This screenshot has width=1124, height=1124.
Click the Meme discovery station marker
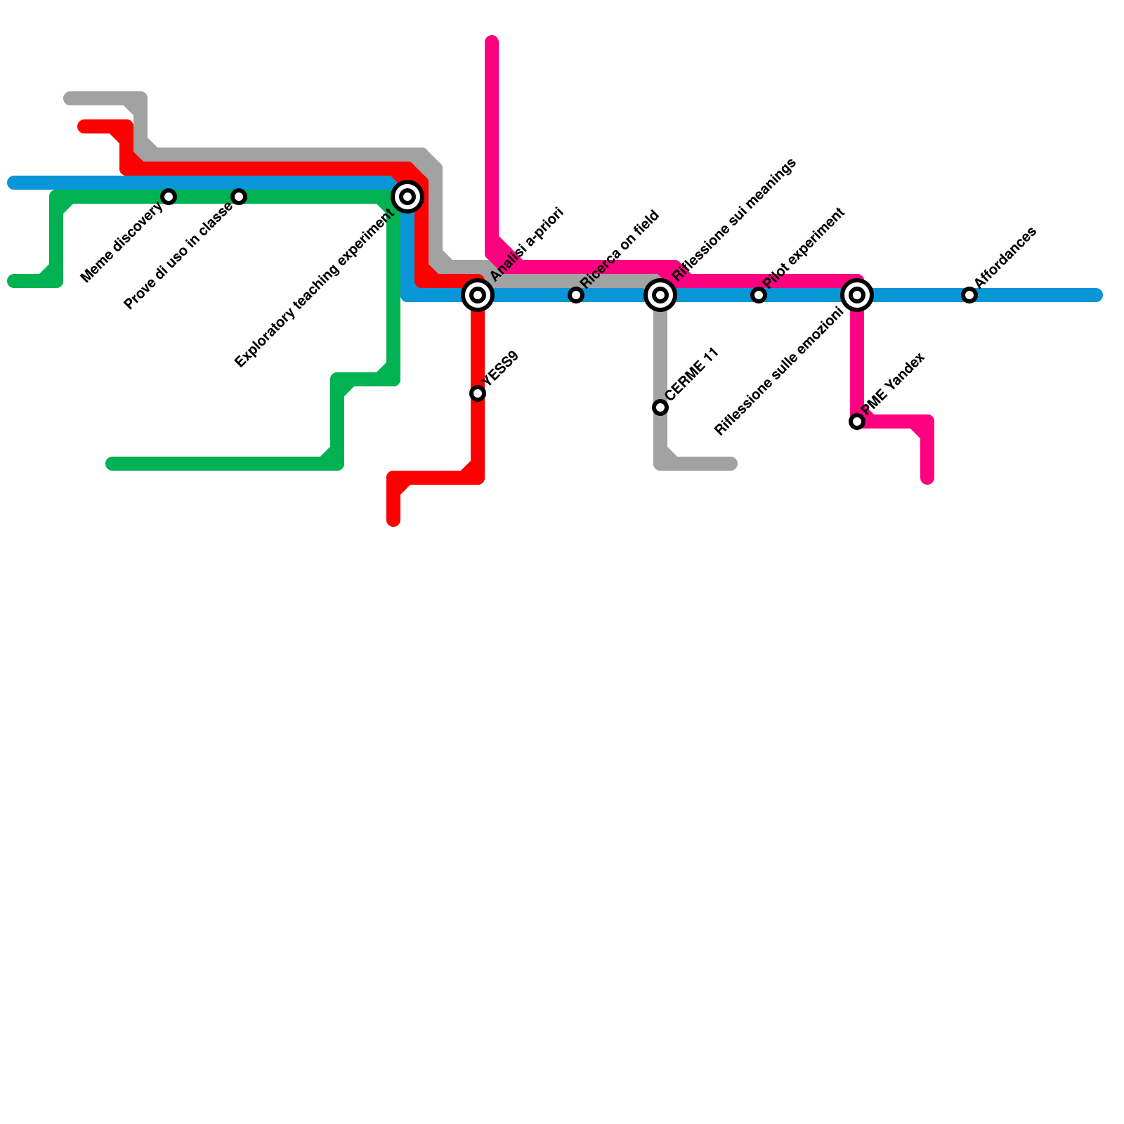[169, 197]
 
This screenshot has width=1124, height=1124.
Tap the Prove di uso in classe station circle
[239, 197]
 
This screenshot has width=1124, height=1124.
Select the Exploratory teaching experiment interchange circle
[407, 197]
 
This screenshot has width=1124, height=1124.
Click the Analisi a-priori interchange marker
[478, 295]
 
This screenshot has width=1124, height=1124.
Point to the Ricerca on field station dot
[576, 295]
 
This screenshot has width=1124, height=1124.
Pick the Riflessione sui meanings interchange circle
[660, 295]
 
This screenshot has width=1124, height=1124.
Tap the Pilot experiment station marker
[759, 295]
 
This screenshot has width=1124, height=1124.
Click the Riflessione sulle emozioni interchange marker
[857, 295]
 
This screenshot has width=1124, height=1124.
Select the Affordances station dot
[969, 295]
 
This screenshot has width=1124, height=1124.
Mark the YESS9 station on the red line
[478, 393]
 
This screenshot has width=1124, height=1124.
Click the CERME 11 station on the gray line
[660, 407]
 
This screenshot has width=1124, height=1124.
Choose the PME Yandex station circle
[857, 421]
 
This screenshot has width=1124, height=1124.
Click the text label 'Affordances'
[1005, 257]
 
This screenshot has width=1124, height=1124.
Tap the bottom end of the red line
[393, 521]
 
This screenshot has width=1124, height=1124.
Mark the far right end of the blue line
[1097, 295]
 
